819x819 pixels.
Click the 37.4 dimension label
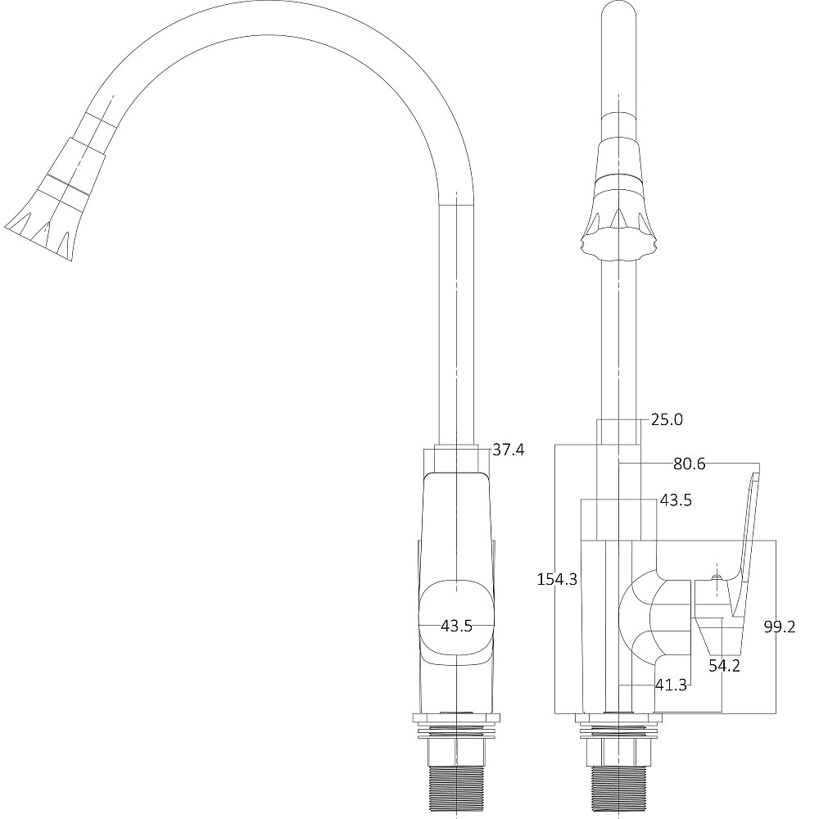click(x=508, y=450)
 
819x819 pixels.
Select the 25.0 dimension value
click(x=667, y=420)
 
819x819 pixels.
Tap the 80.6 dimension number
click(x=689, y=464)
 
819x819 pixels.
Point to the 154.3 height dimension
click(x=557, y=579)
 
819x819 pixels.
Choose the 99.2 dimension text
click(x=780, y=627)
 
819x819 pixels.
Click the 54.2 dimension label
click(x=724, y=666)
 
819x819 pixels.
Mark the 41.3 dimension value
click(x=670, y=686)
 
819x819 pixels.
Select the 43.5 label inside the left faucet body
click(x=456, y=626)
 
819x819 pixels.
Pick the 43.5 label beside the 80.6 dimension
click(x=676, y=500)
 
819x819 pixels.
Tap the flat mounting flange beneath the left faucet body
click(x=456, y=720)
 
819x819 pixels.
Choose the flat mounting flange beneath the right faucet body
click(x=618, y=720)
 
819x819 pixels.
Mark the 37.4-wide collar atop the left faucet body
click(x=456, y=459)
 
